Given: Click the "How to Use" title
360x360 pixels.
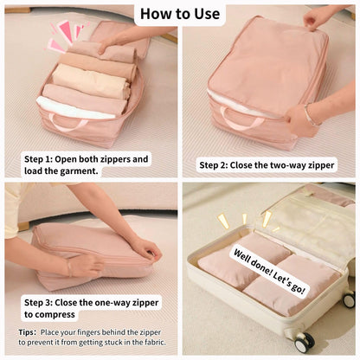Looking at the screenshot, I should [x=180, y=14].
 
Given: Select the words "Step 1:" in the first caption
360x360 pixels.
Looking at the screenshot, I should [x=44, y=159].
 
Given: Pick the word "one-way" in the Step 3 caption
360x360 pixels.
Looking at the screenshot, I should [x=112, y=302].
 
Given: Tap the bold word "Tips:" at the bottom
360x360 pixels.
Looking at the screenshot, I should [x=27, y=331].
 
